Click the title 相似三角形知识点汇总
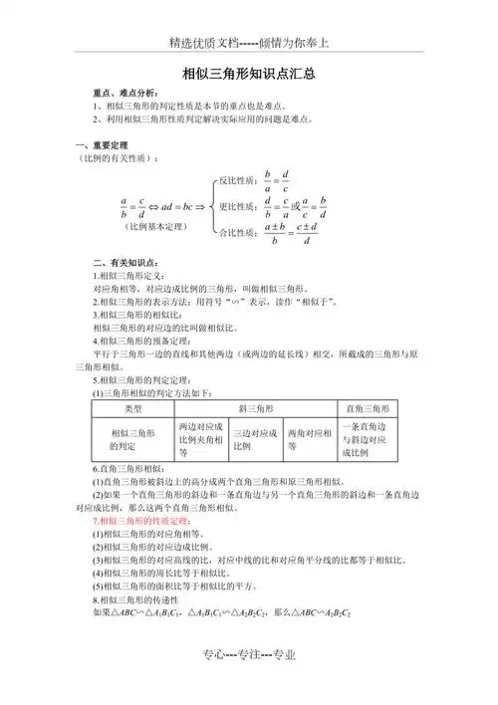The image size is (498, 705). [249, 73]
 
